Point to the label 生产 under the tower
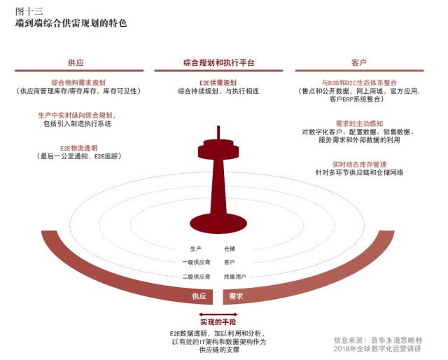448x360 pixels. (196, 248)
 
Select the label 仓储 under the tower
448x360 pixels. (229, 248)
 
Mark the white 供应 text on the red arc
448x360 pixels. (199, 297)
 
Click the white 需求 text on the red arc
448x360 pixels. (236, 297)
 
